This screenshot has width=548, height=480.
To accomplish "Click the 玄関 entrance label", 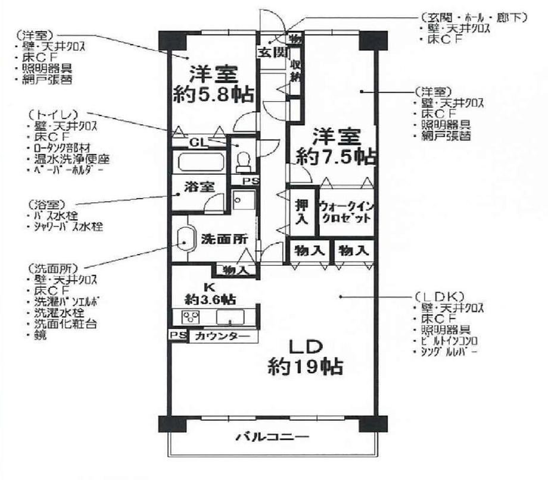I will pyautogui.click(x=270, y=52).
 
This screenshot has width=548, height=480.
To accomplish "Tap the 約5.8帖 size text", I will pyautogui.click(x=212, y=95).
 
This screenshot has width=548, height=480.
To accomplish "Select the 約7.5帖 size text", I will pyautogui.click(x=336, y=156).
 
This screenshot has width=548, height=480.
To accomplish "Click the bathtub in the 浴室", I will pyautogui.click(x=200, y=161).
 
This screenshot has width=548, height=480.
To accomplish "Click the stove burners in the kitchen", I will pyautogui.click(x=191, y=316).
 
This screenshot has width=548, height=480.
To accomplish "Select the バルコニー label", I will pyautogui.click(x=272, y=438).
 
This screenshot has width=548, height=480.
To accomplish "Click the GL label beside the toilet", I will pyautogui.click(x=198, y=143).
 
